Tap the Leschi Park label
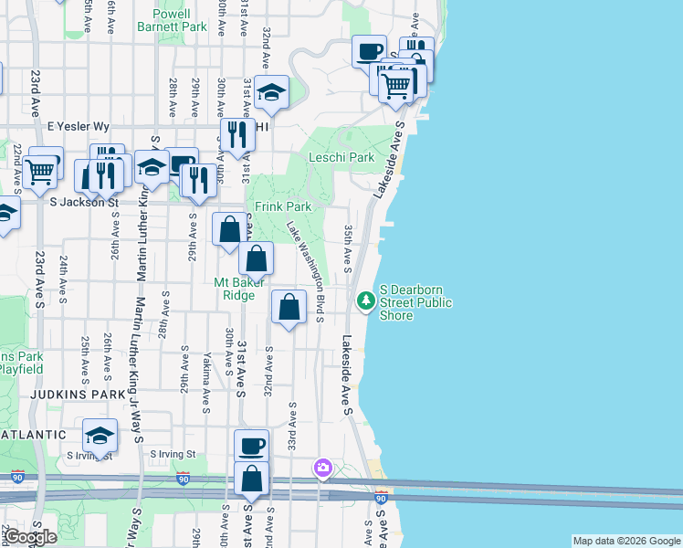click(x=341, y=157)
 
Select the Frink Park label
click(x=283, y=207)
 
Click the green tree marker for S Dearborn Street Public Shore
click(x=366, y=300)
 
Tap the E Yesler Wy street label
click(x=79, y=126)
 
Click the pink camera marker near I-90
click(x=322, y=468)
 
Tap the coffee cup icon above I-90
click(x=252, y=446)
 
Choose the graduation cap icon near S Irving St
click(x=100, y=434)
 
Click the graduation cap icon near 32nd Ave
click(x=271, y=90)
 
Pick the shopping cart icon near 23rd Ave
click(x=41, y=170)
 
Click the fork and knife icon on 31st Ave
click(x=236, y=134)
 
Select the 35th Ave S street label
click(x=348, y=248)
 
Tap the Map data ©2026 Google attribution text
click(x=625, y=541)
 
